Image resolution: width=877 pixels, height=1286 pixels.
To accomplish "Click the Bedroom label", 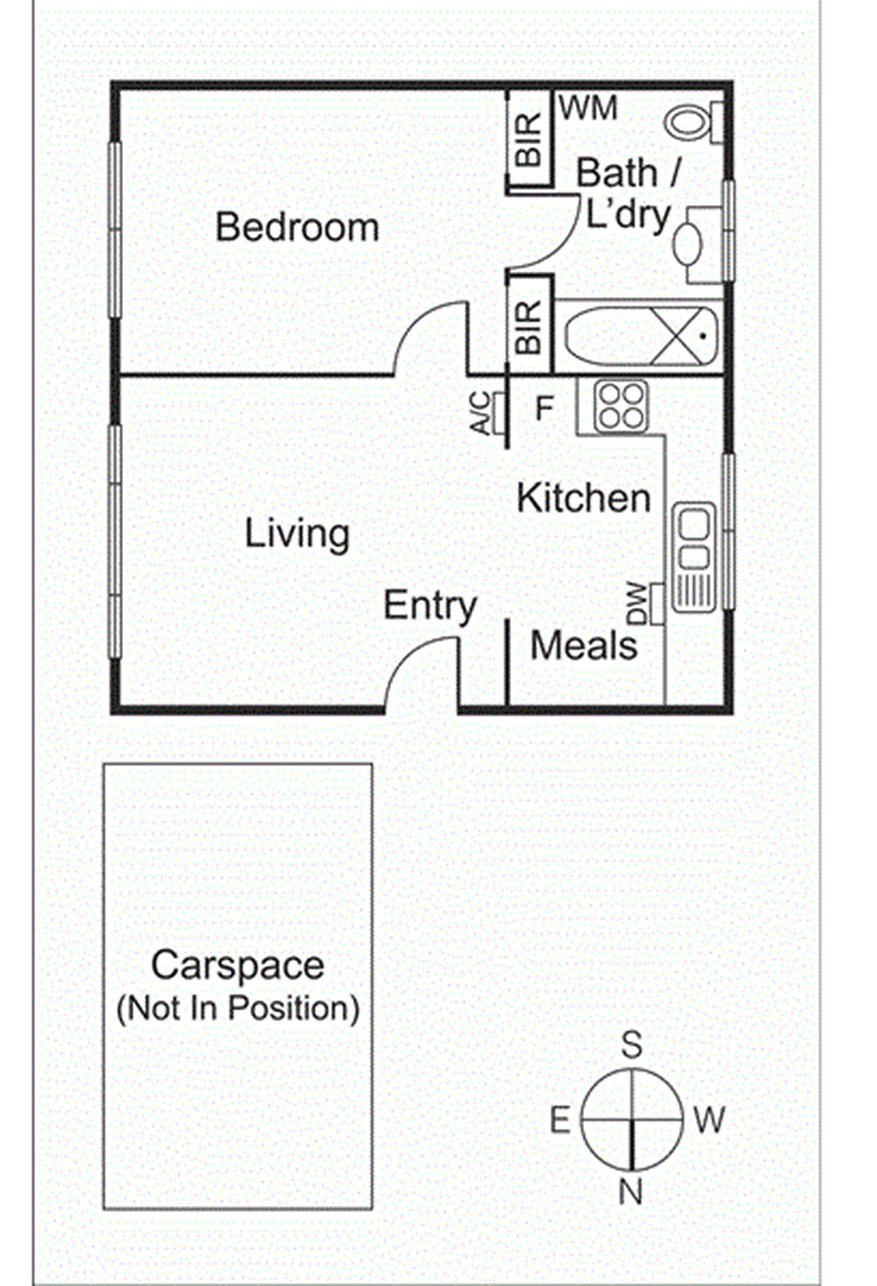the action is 297,227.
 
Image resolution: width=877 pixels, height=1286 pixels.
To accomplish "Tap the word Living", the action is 297,534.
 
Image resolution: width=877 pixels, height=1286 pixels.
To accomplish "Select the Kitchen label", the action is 584,498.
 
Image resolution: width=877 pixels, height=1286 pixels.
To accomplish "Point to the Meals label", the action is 584,645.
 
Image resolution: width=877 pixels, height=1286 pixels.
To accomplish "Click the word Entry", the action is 430,606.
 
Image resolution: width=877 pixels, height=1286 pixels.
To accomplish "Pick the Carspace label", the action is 238,965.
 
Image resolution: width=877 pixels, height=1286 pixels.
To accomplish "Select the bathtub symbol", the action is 641,337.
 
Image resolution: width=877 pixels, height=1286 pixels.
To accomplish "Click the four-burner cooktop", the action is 621,407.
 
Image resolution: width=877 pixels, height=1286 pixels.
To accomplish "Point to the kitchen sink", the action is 694,557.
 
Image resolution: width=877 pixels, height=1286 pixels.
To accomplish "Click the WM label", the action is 588,108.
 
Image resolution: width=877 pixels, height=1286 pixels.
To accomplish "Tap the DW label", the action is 637,604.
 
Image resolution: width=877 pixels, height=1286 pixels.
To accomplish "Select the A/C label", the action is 481,413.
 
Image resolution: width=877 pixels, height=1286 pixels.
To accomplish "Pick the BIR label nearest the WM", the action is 529,140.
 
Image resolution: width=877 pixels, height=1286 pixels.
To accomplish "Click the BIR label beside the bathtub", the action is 529,327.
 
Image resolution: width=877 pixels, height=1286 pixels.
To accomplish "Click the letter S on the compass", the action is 632,1044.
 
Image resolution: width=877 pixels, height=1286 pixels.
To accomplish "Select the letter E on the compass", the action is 560,1120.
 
